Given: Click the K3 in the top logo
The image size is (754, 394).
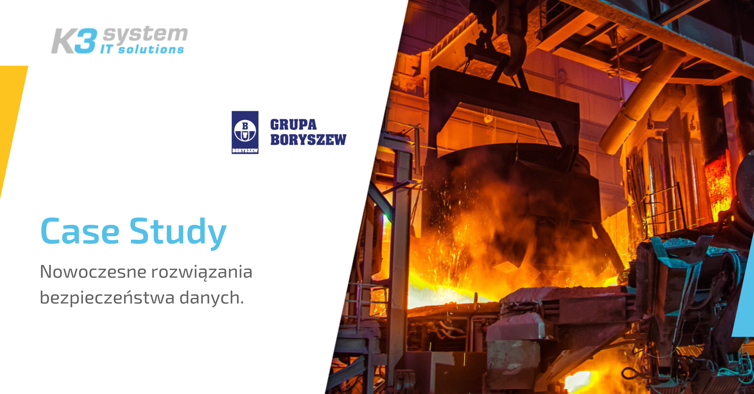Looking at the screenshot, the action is [74, 41].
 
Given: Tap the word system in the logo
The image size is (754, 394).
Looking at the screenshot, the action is [145, 35].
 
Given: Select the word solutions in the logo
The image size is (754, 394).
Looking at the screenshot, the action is [151, 49].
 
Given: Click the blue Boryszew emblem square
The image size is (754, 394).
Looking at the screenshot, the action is [245, 132].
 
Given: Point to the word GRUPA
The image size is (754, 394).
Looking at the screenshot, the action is [293, 125].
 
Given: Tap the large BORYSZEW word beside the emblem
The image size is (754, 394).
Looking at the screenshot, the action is [308, 139].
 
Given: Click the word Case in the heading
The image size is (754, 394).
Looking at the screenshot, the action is [80, 231].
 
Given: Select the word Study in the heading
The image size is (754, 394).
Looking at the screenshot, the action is [178, 233].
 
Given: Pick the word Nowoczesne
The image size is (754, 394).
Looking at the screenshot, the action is [93, 272].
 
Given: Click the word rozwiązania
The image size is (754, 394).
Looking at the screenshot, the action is [202, 272].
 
